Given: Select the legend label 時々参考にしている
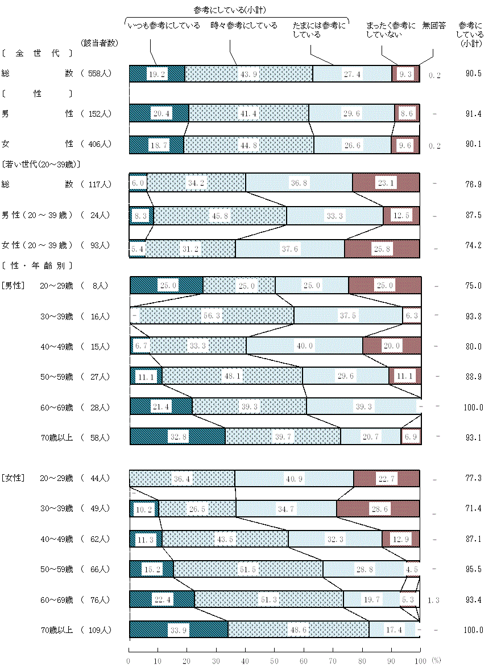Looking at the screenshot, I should coord(244,26).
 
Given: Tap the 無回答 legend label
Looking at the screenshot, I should coord(434,26).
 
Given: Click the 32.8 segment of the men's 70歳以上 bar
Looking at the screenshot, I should coord(177,436).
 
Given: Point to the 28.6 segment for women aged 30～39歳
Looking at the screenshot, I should coord(378,508).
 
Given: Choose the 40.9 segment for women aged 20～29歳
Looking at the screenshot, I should coord(294,478).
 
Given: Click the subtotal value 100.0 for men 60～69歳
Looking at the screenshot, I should coord(473,407).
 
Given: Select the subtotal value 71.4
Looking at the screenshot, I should coord(473,508).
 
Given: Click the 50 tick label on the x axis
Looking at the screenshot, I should coord(275,660).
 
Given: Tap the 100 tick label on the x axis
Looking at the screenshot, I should coord(420,660).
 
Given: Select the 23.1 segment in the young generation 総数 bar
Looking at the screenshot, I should coord(386,183).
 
